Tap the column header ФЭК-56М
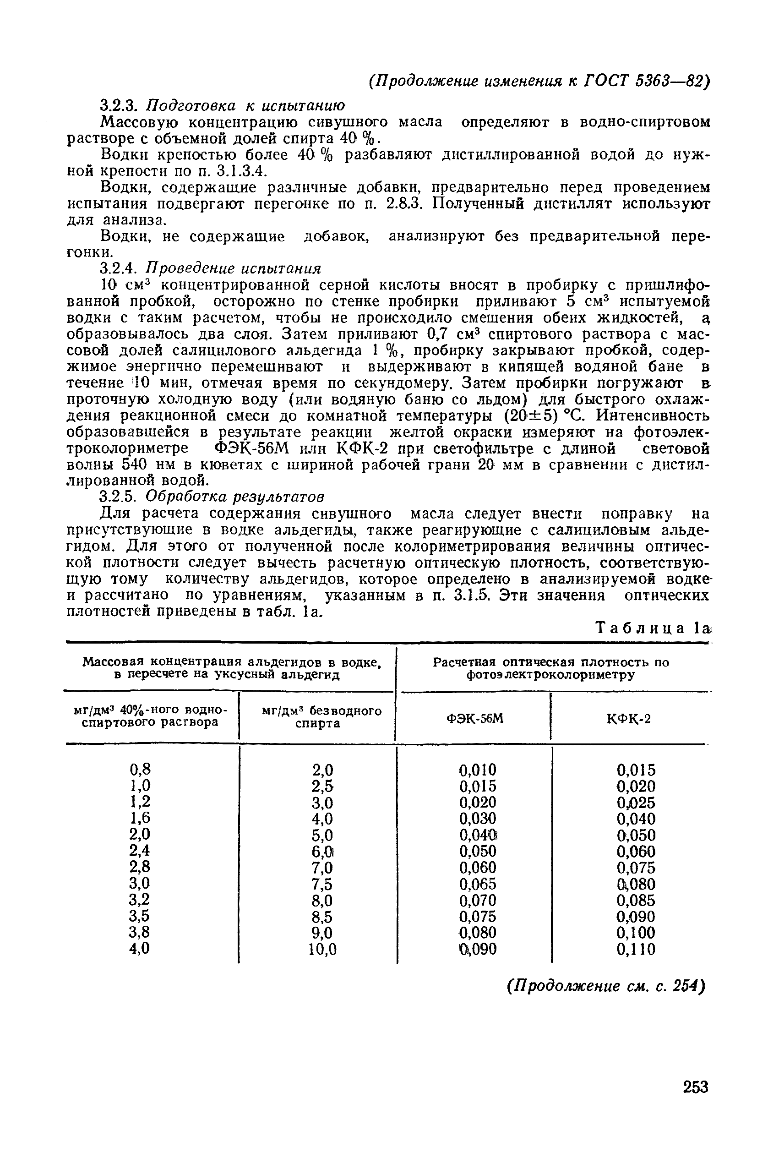coord(474,719)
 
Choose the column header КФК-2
coord(629,719)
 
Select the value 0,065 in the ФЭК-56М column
coord(478,884)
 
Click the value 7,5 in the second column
coord(322,884)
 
